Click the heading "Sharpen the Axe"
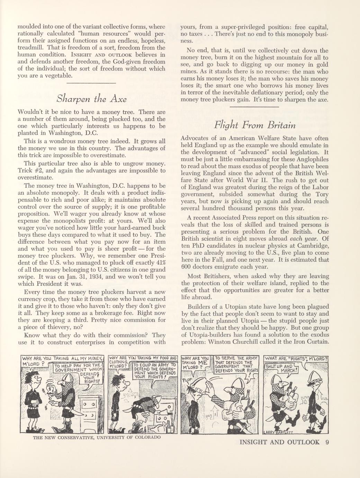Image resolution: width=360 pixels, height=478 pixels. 91,99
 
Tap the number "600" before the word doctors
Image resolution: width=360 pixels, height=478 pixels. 187,267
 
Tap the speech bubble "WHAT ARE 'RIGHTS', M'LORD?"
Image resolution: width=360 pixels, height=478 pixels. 296,358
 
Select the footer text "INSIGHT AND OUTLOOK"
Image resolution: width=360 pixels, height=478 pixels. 279,442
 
